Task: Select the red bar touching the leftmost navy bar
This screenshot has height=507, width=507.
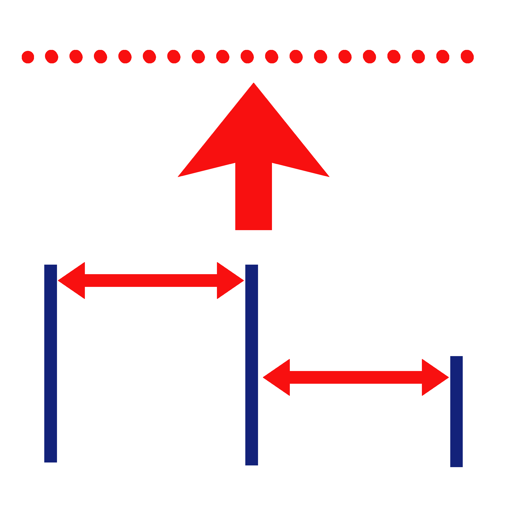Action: coord(151,281)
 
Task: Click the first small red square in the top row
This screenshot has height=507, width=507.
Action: coord(28,57)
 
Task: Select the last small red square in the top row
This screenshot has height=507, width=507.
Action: coord(467,57)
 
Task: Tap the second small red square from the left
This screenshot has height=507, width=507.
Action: coord(51,57)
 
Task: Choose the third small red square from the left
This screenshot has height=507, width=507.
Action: coord(76,57)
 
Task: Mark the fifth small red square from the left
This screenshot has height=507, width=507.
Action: coord(125,57)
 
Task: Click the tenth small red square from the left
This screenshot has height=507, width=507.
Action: coord(247,57)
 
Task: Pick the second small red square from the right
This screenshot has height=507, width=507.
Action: coord(443,57)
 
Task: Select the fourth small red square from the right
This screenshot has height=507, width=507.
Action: coord(394,57)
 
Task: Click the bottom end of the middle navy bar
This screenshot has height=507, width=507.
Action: coord(251,464)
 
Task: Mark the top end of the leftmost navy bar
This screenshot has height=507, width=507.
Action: coord(51,266)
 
